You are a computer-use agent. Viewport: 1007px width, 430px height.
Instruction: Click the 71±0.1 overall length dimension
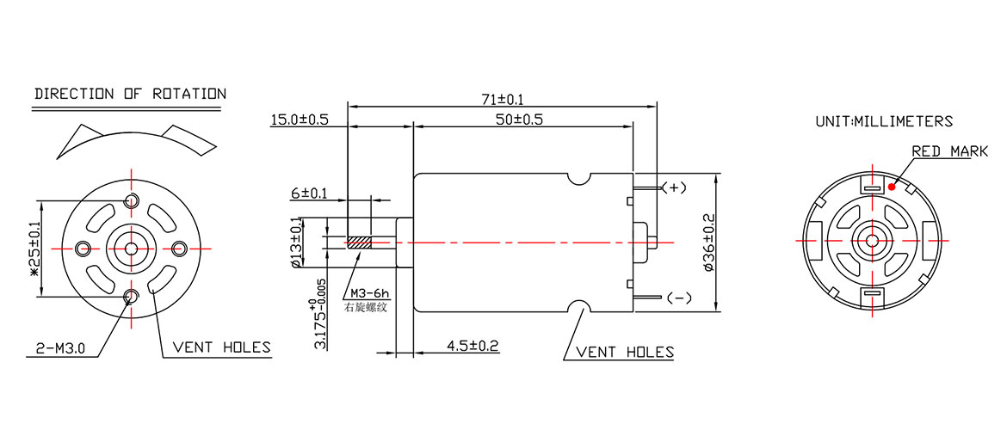coord(502,101)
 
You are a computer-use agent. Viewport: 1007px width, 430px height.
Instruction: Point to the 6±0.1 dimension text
coord(308,194)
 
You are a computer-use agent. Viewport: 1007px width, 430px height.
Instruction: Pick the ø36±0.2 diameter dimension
coord(708,243)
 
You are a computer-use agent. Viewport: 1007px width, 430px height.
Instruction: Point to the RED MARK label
coord(950,151)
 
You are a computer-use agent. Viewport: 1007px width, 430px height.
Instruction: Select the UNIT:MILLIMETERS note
coord(884,122)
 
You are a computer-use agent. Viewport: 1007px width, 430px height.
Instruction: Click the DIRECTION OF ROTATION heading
coord(130,94)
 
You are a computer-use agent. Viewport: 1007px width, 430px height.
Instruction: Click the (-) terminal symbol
coord(679,298)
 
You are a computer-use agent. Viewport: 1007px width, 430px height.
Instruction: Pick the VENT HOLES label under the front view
coord(221,347)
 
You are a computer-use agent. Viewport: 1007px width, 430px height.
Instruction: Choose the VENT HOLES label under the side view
coord(625,352)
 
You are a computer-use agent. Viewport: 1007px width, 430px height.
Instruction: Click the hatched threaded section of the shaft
coord(359,243)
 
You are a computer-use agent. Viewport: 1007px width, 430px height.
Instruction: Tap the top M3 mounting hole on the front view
coord(131,201)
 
